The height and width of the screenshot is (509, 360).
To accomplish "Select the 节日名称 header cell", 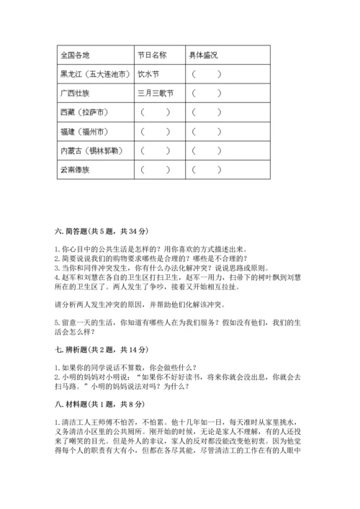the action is point(152,54).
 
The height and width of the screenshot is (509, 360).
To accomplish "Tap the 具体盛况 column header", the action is point(203,54).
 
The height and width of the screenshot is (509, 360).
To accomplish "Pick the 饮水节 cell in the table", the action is point(148,73).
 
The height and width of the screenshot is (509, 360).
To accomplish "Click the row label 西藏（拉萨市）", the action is point(86,112).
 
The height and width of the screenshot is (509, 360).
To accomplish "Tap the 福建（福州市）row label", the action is point(86,132).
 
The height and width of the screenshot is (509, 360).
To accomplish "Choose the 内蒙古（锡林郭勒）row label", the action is point(91,151).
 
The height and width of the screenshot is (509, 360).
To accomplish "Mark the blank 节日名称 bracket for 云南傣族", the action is point(155,171).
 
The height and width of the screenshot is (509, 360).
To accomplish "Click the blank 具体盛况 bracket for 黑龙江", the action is point(206,73).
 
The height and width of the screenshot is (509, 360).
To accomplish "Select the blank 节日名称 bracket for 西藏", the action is point(155,112).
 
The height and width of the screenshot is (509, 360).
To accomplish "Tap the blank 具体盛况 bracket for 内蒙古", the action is point(206,151).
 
